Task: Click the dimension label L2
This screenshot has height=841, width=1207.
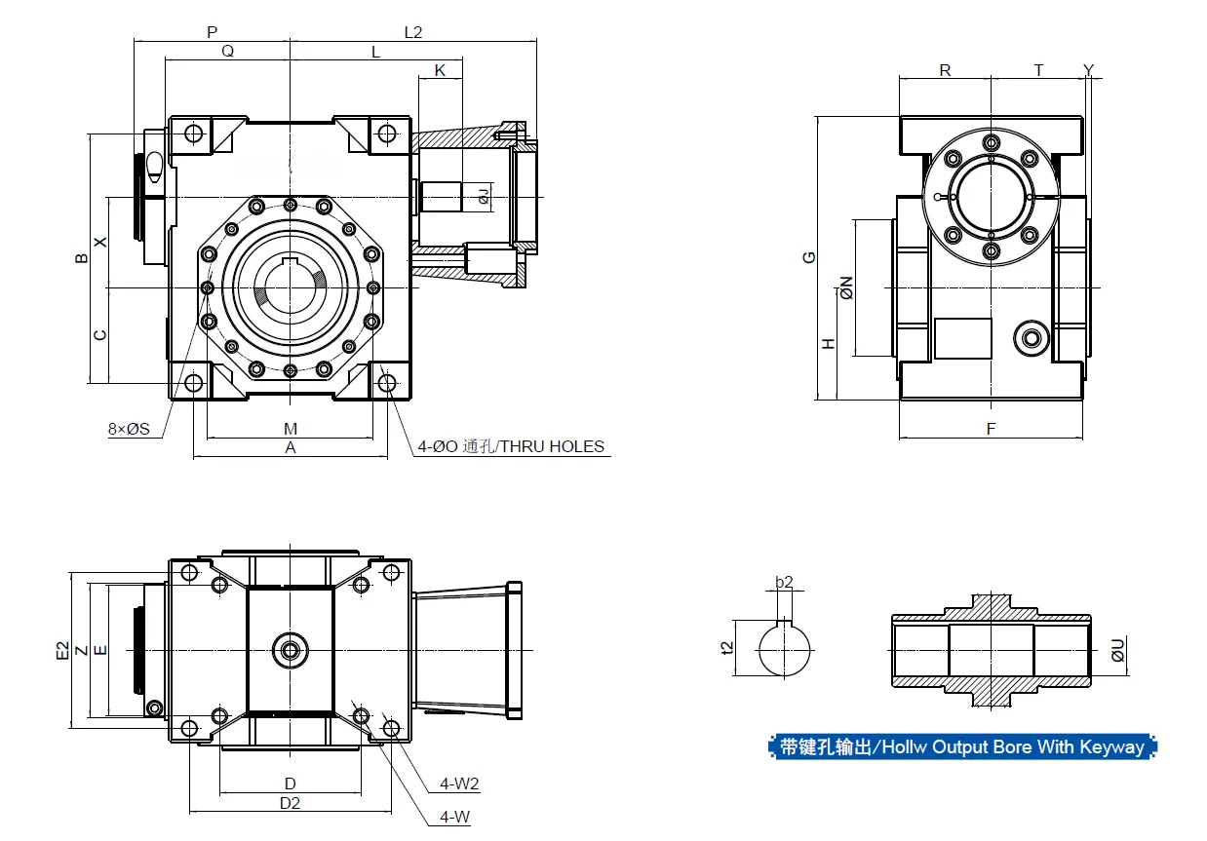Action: coord(412,32)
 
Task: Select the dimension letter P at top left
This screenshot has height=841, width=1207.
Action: coord(212,32)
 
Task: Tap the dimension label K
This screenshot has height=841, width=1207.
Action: coord(440,70)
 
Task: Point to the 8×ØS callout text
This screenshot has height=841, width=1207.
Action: coord(129,428)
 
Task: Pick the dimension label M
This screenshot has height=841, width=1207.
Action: coord(290,429)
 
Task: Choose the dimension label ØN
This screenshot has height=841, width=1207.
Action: coord(846,287)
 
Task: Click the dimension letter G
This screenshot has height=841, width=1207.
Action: coord(808,257)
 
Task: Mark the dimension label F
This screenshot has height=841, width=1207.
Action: coord(991,429)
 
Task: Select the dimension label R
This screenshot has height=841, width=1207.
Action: coord(945,70)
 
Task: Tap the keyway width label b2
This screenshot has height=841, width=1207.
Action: coord(784,583)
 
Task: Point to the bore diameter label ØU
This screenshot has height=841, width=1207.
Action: coord(1118,650)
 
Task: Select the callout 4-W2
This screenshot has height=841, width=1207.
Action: coord(459,784)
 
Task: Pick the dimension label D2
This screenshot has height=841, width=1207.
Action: coord(290,803)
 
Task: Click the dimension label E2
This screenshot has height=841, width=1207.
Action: coord(62,651)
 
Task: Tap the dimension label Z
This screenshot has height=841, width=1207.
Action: coord(81,650)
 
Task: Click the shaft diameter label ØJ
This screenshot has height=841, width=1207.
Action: coord(484,198)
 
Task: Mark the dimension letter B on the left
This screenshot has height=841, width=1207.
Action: coord(81,258)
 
